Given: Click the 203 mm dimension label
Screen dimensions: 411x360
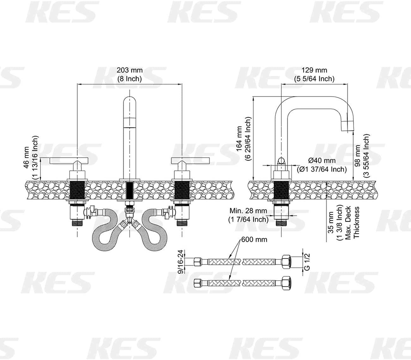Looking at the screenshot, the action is click(x=130, y=70).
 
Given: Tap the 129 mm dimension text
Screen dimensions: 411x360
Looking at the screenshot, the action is click(x=314, y=70).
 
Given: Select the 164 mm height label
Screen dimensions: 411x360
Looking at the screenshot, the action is click(x=239, y=139).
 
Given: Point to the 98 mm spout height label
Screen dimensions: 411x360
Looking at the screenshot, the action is click(x=357, y=155).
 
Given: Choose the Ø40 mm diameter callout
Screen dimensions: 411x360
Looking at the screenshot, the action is click(x=322, y=161).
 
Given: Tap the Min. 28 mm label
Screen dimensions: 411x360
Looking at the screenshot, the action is click(x=248, y=211).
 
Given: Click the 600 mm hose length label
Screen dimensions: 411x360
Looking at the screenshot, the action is click(x=254, y=239).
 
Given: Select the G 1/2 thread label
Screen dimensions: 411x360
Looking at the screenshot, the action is click(x=308, y=262).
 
